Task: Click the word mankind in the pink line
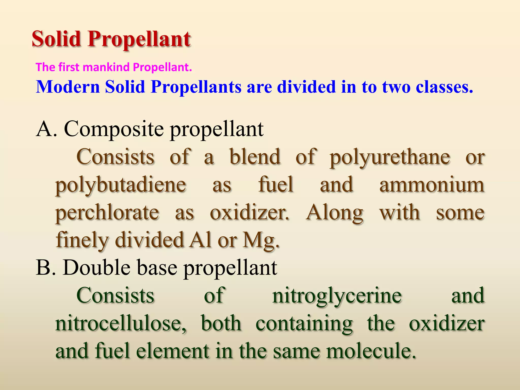click(x=106, y=67)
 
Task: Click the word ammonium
click(x=432, y=185)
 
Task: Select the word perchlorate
click(x=107, y=213)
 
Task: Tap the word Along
click(x=334, y=213)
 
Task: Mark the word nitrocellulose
click(x=121, y=323)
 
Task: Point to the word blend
click(x=255, y=157)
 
